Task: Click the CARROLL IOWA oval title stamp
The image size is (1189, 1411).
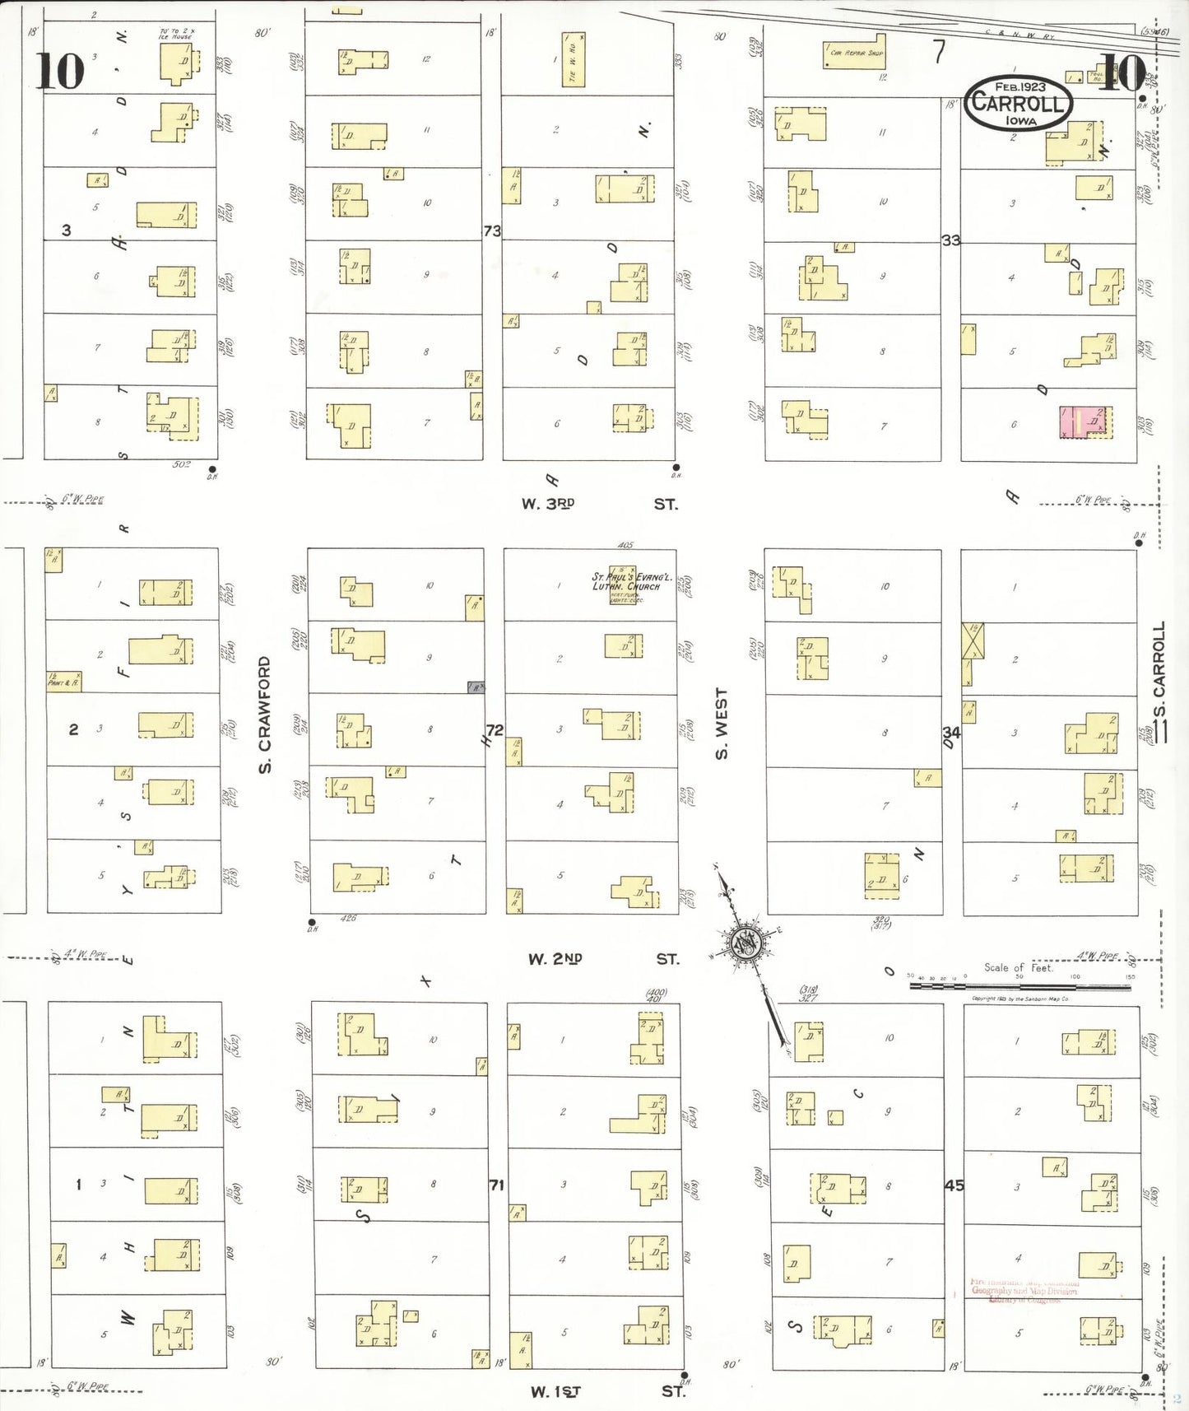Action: click(x=1018, y=103)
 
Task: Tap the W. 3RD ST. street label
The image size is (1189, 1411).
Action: click(x=599, y=504)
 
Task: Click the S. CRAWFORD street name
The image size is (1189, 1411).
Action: click(x=265, y=715)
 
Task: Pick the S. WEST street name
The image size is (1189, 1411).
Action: click(x=722, y=724)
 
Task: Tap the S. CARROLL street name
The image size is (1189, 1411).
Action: click(x=1159, y=671)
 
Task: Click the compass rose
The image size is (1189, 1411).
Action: click(x=745, y=943)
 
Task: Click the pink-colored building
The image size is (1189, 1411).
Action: click(x=1084, y=421)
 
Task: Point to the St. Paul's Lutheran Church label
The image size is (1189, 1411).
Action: click(x=632, y=581)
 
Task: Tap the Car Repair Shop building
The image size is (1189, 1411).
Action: click(x=855, y=52)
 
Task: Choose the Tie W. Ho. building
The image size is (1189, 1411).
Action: click(x=574, y=59)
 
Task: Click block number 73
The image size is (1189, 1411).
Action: click(x=492, y=231)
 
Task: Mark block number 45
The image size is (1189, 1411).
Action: click(x=954, y=1185)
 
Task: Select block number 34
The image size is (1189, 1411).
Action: click(x=951, y=732)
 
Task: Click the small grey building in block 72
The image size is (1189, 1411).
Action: click(x=476, y=687)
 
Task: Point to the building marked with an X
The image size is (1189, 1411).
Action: click(x=973, y=641)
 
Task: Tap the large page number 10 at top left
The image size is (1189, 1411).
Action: click(x=59, y=71)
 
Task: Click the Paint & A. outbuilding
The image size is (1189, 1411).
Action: click(x=64, y=682)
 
